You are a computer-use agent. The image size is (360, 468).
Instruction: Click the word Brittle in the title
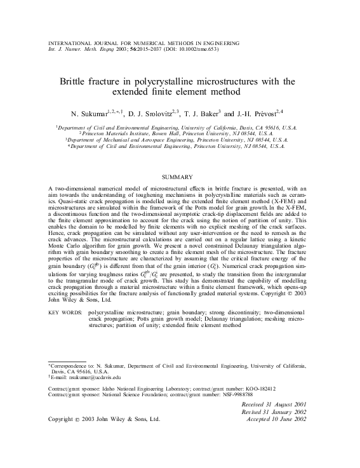click(x=74, y=81)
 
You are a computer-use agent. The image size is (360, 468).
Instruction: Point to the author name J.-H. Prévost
click(x=262, y=113)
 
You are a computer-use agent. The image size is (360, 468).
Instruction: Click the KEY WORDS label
click(x=66, y=312)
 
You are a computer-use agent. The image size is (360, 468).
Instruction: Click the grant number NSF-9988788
click(x=222, y=394)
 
